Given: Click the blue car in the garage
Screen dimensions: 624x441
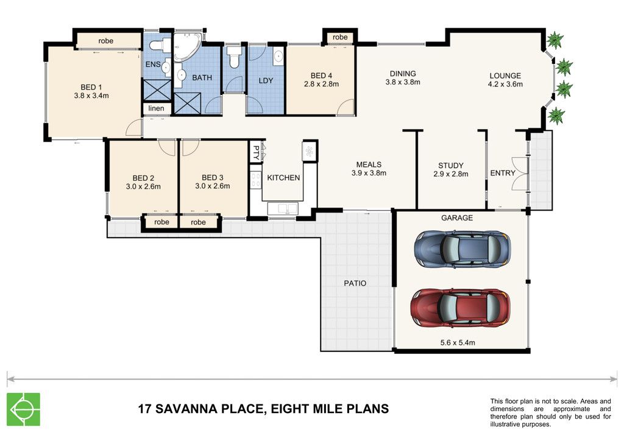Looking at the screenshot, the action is (463, 249).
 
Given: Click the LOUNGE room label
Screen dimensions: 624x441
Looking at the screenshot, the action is (505, 76).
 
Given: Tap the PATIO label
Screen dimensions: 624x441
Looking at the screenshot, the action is (355, 283).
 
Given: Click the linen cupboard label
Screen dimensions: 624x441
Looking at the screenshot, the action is (156, 108).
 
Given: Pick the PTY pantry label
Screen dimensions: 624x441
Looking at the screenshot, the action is (256, 152).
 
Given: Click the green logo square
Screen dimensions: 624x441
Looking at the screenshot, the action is (24, 409).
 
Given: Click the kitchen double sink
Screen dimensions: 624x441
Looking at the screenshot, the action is (283, 208).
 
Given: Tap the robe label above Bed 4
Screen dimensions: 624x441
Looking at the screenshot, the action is (340, 37).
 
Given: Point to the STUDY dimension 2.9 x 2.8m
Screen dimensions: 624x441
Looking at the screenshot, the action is (451, 174).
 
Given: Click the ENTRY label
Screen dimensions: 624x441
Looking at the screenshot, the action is (503, 173).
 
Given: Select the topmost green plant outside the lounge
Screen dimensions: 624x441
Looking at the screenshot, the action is (555, 40).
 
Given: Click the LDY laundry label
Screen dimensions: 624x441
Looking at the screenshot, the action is (266, 80).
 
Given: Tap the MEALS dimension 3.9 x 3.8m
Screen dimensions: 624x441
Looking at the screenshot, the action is (369, 173).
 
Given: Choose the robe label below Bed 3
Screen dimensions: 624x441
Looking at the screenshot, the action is (198, 222).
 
